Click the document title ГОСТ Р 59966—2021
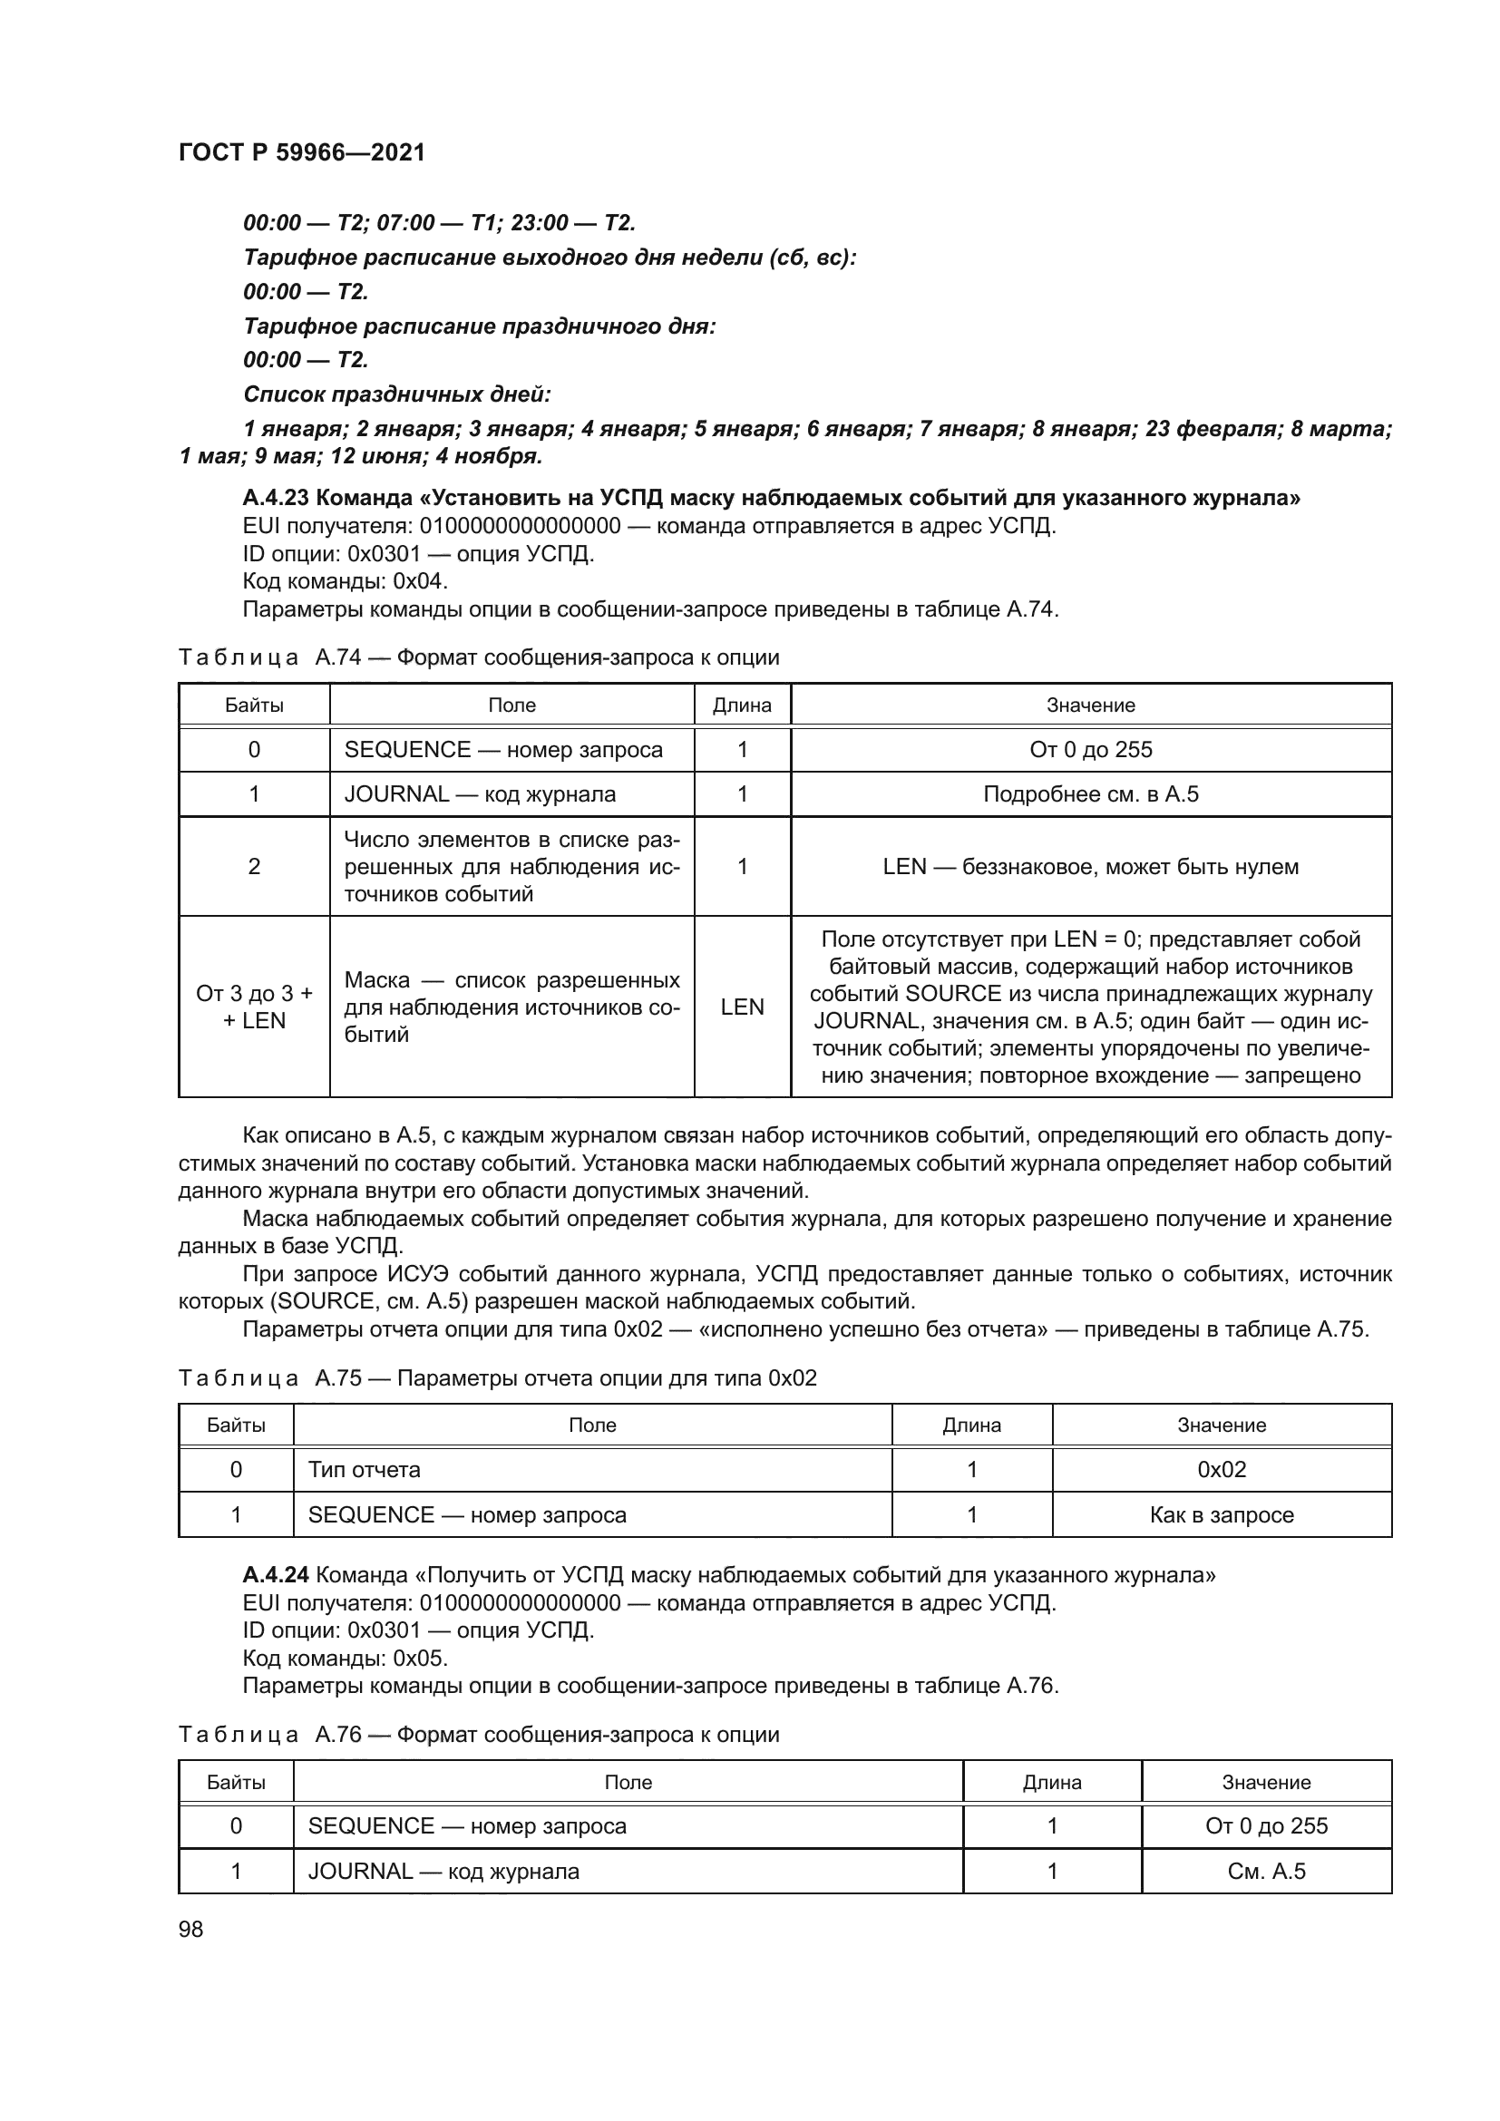point(301,152)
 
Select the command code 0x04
point(420,581)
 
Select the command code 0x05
point(420,1658)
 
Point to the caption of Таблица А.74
point(479,657)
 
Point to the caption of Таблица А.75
point(497,1378)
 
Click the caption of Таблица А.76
point(479,1734)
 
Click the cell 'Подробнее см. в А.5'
point(1091,794)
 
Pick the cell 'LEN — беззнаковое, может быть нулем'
point(1091,867)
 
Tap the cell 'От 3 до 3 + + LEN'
point(254,1007)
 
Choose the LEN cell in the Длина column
point(743,1007)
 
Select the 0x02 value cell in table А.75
point(1221,1470)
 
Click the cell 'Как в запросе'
point(1221,1515)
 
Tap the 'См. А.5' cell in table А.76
point(1266,1871)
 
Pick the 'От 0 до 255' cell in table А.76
point(1266,1825)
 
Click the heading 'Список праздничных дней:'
point(397,394)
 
